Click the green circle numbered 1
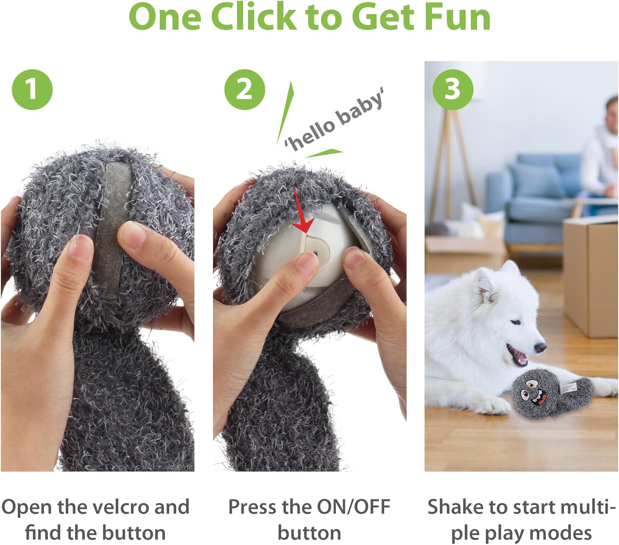click(32, 89)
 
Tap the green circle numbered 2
click(244, 89)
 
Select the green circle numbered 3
click(453, 89)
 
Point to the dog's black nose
click(540, 347)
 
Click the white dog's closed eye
click(516, 322)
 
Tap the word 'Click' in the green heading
click(254, 17)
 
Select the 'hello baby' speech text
click(333, 120)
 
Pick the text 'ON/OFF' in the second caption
click(354, 507)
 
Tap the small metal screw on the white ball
click(316, 253)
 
